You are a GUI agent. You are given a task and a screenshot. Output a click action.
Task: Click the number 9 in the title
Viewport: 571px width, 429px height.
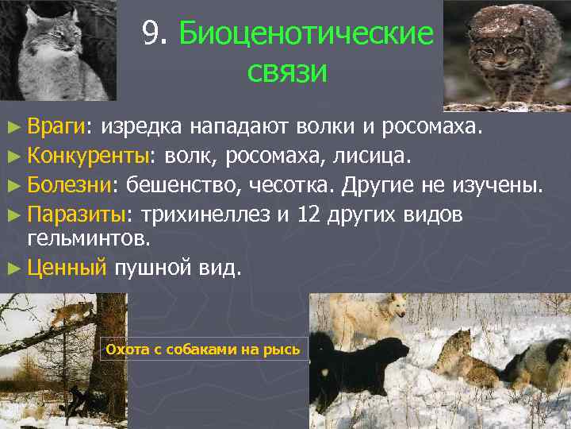point(151,33)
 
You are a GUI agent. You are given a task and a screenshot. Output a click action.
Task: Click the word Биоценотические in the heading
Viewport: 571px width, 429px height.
point(307,34)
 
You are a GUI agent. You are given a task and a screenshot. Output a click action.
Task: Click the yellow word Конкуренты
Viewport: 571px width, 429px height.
point(87,154)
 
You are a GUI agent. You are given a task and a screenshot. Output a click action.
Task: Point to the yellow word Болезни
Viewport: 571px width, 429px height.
point(71,184)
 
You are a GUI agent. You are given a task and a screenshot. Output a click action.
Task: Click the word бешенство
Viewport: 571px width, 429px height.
point(183,184)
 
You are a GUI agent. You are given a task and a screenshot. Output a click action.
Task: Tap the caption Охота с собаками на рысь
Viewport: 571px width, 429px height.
point(203,350)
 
